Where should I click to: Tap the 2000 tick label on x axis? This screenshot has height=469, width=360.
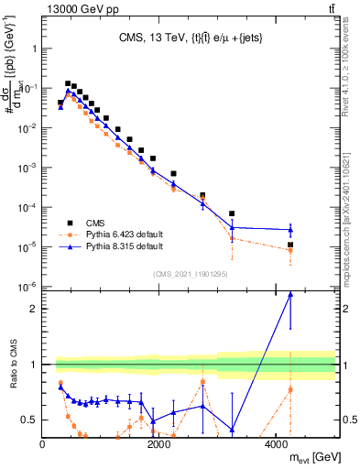159,444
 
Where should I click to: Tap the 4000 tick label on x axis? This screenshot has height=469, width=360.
276,444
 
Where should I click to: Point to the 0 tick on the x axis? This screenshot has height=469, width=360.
43,444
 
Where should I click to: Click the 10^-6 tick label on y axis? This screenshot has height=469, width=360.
27,287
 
